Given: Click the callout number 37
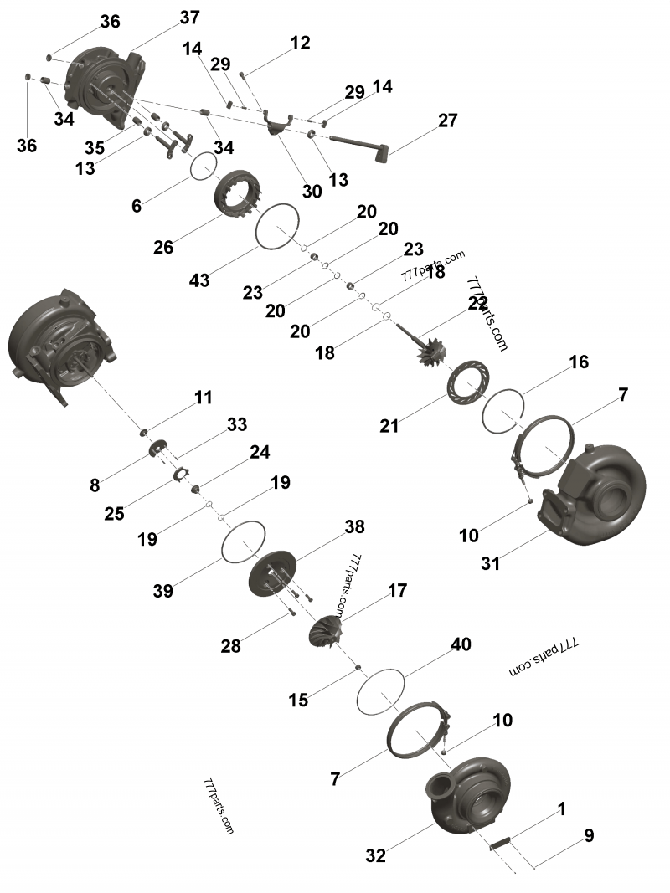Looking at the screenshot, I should point(189,18).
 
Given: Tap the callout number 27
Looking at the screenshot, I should point(447,121).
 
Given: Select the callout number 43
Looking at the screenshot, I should point(199,281).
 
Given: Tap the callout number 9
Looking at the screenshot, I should point(589,835).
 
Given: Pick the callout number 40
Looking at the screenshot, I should point(461,644).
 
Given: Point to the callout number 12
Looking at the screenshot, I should point(300,43).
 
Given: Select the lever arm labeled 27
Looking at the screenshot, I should point(356,144).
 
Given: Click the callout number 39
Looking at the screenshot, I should point(162,591).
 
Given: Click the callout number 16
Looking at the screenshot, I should point(579,362).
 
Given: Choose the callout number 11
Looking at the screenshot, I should point(204,398).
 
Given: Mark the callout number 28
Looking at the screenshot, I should point(231,645).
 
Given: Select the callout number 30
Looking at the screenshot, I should point(312,191).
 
